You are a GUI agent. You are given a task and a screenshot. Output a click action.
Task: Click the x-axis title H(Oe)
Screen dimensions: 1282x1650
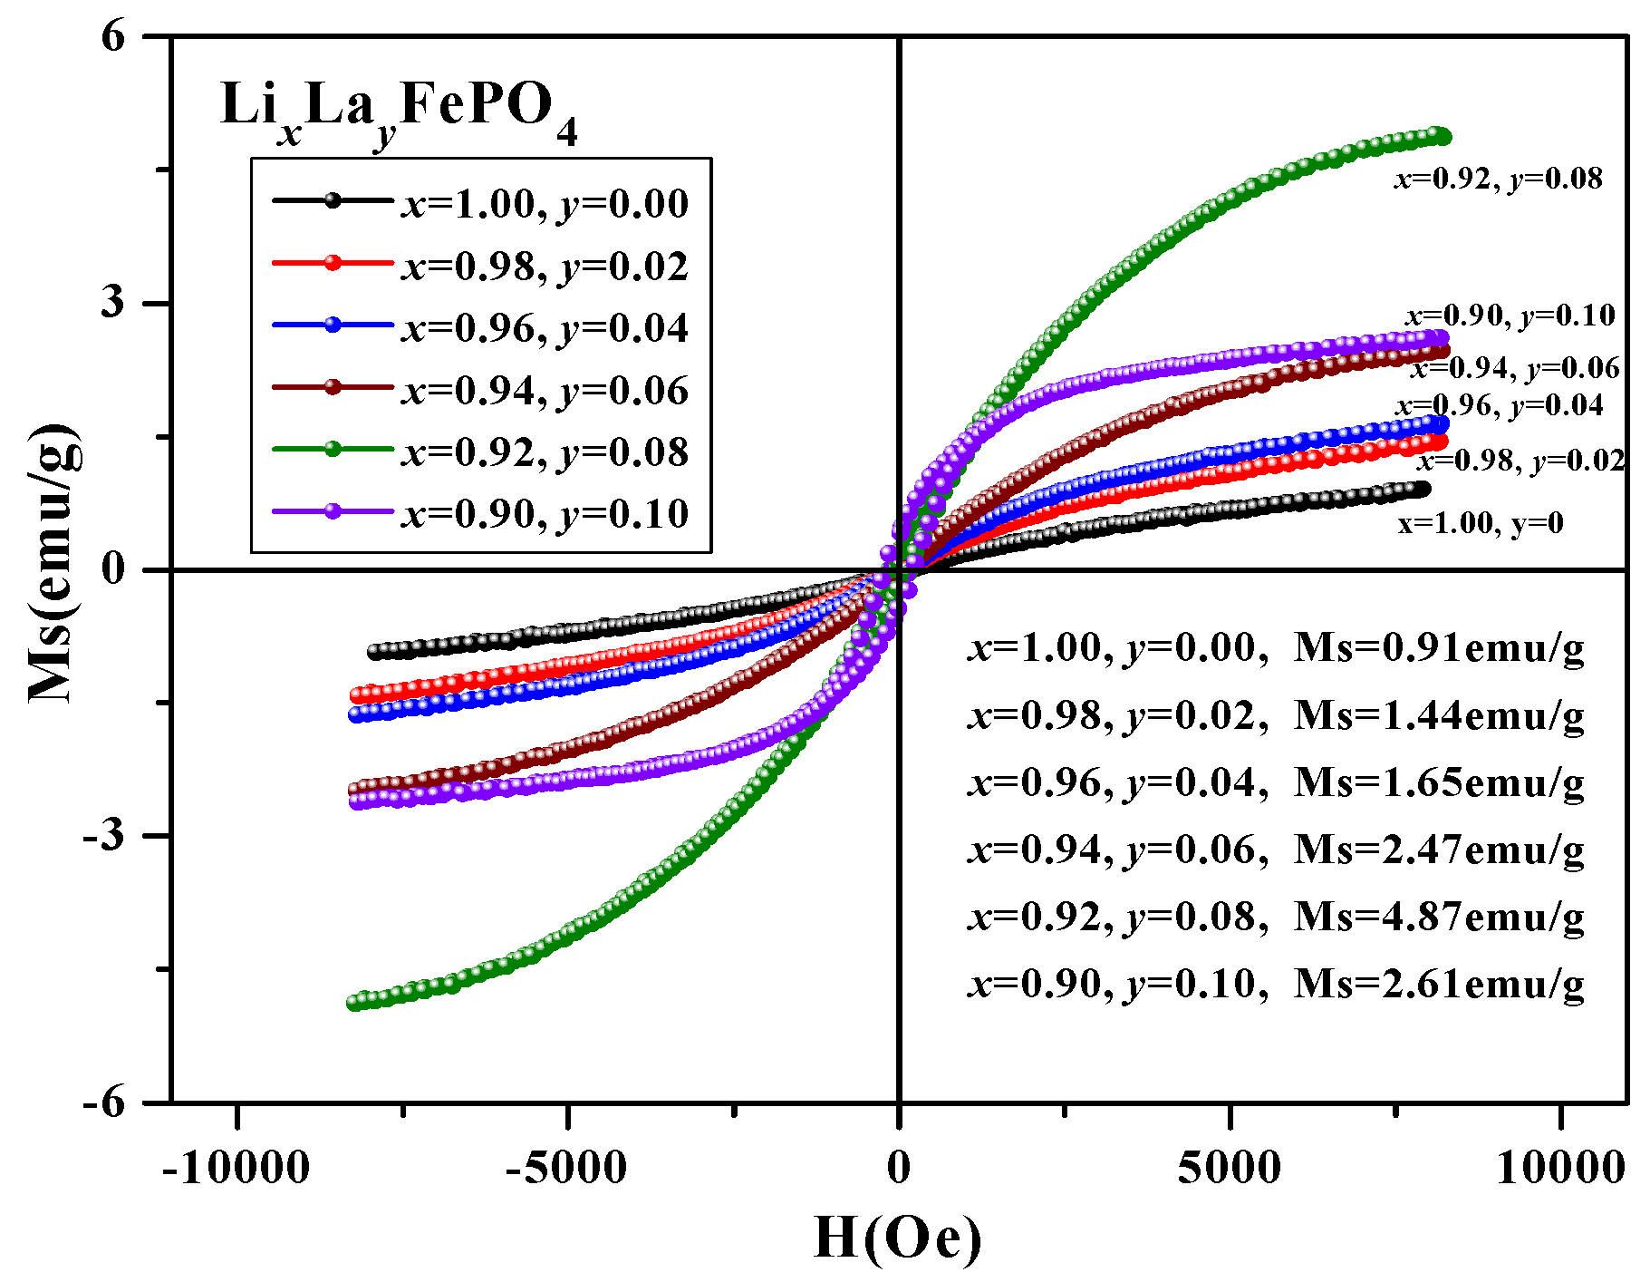[897, 1238]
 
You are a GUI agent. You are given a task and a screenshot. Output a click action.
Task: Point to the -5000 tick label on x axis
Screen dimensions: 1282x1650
[566, 1169]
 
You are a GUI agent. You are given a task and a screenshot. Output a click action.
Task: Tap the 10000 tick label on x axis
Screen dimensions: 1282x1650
[1559, 1169]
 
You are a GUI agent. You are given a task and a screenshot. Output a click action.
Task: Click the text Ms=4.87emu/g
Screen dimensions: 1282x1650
[1439, 917]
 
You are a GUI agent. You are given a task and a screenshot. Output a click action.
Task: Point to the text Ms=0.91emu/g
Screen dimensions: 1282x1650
[1439, 648]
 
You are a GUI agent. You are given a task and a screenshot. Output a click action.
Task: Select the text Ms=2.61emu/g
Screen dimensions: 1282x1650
[1439, 984]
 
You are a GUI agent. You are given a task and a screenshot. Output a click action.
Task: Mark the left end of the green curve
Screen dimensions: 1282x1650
[354, 1003]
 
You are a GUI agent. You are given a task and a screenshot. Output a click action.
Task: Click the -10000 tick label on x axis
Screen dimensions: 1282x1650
[236, 1169]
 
